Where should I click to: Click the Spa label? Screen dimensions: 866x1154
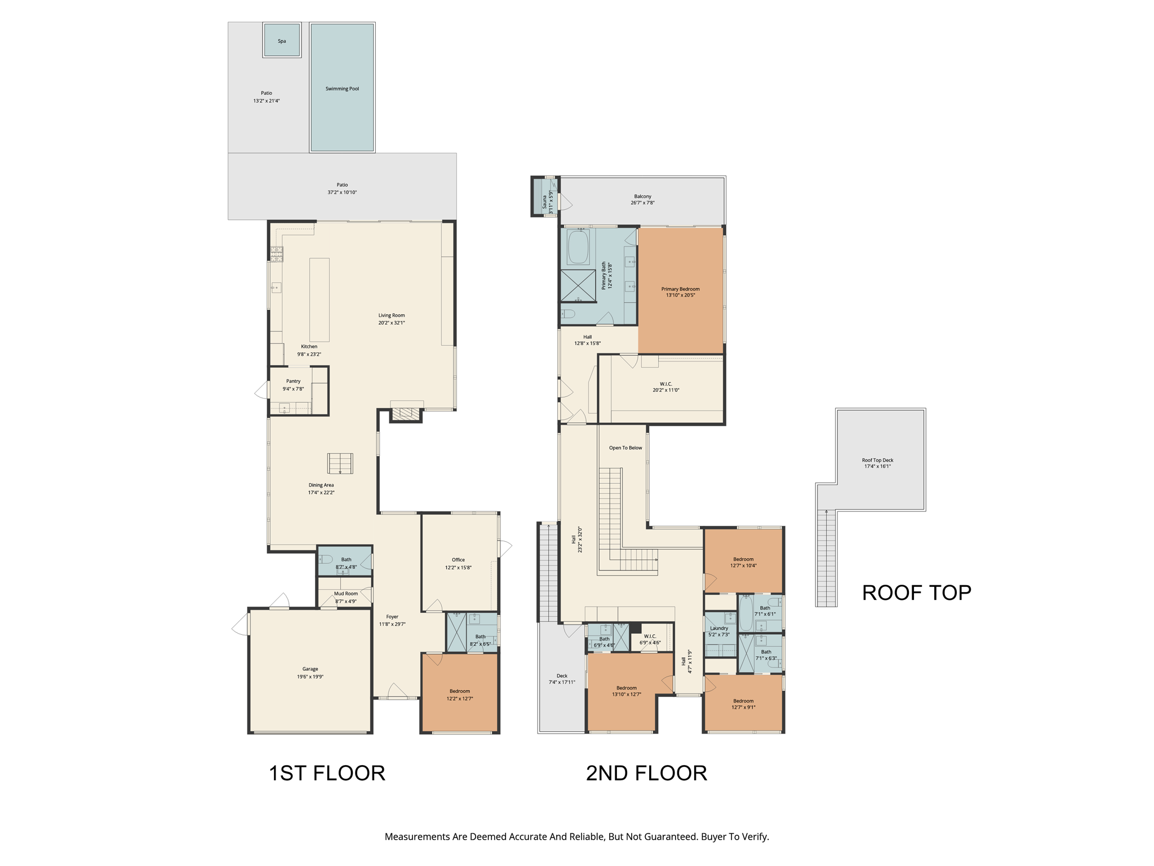pyautogui.click(x=282, y=41)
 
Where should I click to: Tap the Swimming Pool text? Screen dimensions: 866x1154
pyautogui.click(x=342, y=89)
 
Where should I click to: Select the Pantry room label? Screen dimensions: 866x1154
pyautogui.click(x=293, y=381)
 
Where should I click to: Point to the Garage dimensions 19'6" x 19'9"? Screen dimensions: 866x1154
pyautogui.click(x=310, y=677)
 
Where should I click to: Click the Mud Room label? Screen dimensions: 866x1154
pyautogui.click(x=346, y=594)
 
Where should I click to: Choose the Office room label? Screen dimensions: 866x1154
pyautogui.click(x=458, y=560)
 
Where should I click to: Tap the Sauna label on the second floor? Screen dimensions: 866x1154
pyautogui.click(x=544, y=202)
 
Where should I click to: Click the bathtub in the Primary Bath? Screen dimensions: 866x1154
pyautogui.click(x=578, y=246)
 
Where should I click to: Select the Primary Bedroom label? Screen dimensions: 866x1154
pyautogui.click(x=680, y=289)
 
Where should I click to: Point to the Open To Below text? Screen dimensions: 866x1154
pyautogui.click(x=625, y=448)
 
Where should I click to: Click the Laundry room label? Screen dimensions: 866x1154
pyautogui.click(x=719, y=628)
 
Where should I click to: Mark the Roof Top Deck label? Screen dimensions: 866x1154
pyautogui.click(x=877, y=460)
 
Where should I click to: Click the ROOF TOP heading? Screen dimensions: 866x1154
pyautogui.click(x=916, y=593)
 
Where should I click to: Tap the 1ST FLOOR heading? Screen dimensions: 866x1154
pyautogui.click(x=327, y=773)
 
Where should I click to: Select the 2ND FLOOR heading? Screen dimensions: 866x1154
pyautogui.click(x=646, y=773)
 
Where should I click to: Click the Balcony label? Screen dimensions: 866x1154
pyautogui.click(x=642, y=196)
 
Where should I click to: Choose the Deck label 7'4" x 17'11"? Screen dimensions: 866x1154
pyautogui.click(x=562, y=679)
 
